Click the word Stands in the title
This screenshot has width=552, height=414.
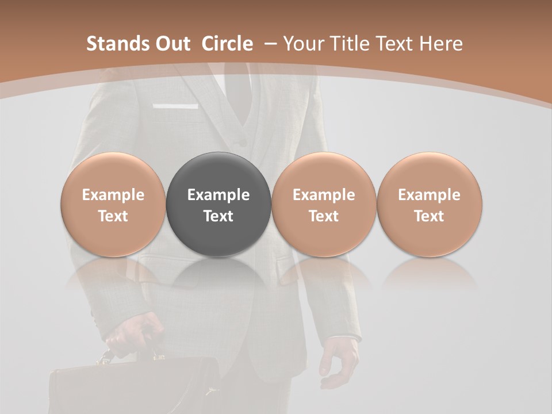118,44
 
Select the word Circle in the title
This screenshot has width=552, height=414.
227,44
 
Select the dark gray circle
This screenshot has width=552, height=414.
218,205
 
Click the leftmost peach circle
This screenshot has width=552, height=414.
113,205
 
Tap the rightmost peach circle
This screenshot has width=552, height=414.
430,205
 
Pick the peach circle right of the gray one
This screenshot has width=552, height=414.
324,205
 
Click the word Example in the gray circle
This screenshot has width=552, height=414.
218,195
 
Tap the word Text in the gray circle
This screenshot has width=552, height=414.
218,216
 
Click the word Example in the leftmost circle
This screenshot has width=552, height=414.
113,195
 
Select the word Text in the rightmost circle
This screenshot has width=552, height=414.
430,216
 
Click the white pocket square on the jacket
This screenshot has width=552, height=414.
176,106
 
